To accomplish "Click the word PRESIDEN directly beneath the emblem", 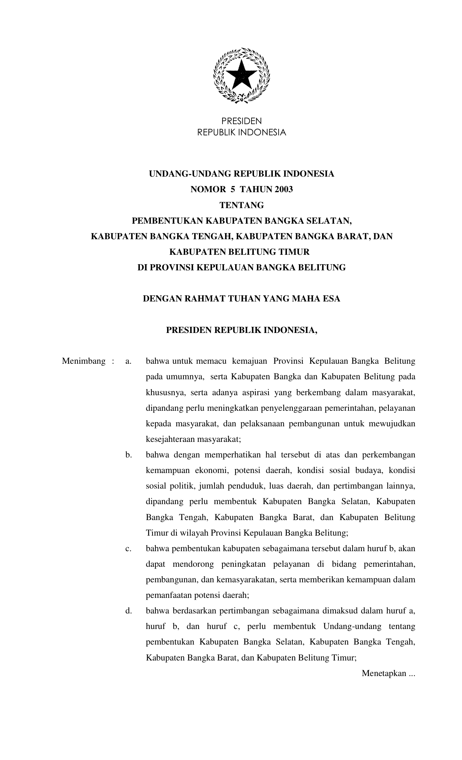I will pyautogui.click(x=241, y=121).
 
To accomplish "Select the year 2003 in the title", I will pyautogui.click(x=283, y=189).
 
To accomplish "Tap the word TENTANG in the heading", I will pyautogui.click(x=242, y=205).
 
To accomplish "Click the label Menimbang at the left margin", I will pyautogui.click(x=84, y=361).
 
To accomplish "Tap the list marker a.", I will pyautogui.click(x=128, y=361).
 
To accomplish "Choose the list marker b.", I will pyautogui.click(x=129, y=455).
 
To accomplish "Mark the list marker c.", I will pyautogui.click(x=128, y=549).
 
